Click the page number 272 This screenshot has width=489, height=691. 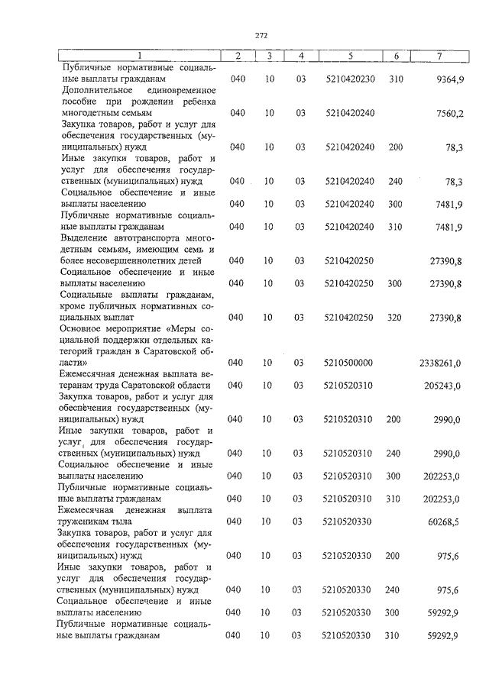pyautogui.click(x=261, y=34)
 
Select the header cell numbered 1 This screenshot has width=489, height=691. pyautogui.click(x=140, y=56)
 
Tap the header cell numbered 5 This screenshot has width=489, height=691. pyautogui.click(x=349, y=56)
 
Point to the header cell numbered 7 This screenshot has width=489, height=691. pyautogui.click(x=439, y=56)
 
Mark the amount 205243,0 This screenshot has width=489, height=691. pyautogui.click(x=443, y=385)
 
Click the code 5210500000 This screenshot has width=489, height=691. pyautogui.click(x=348, y=362)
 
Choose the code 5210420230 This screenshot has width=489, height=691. pyautogui.click(x=348, y=79)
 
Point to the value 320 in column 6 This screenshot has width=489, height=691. pyautogui.click(x=395, y=317)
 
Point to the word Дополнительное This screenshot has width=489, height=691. pyautogui.click(x=94, y=90)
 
